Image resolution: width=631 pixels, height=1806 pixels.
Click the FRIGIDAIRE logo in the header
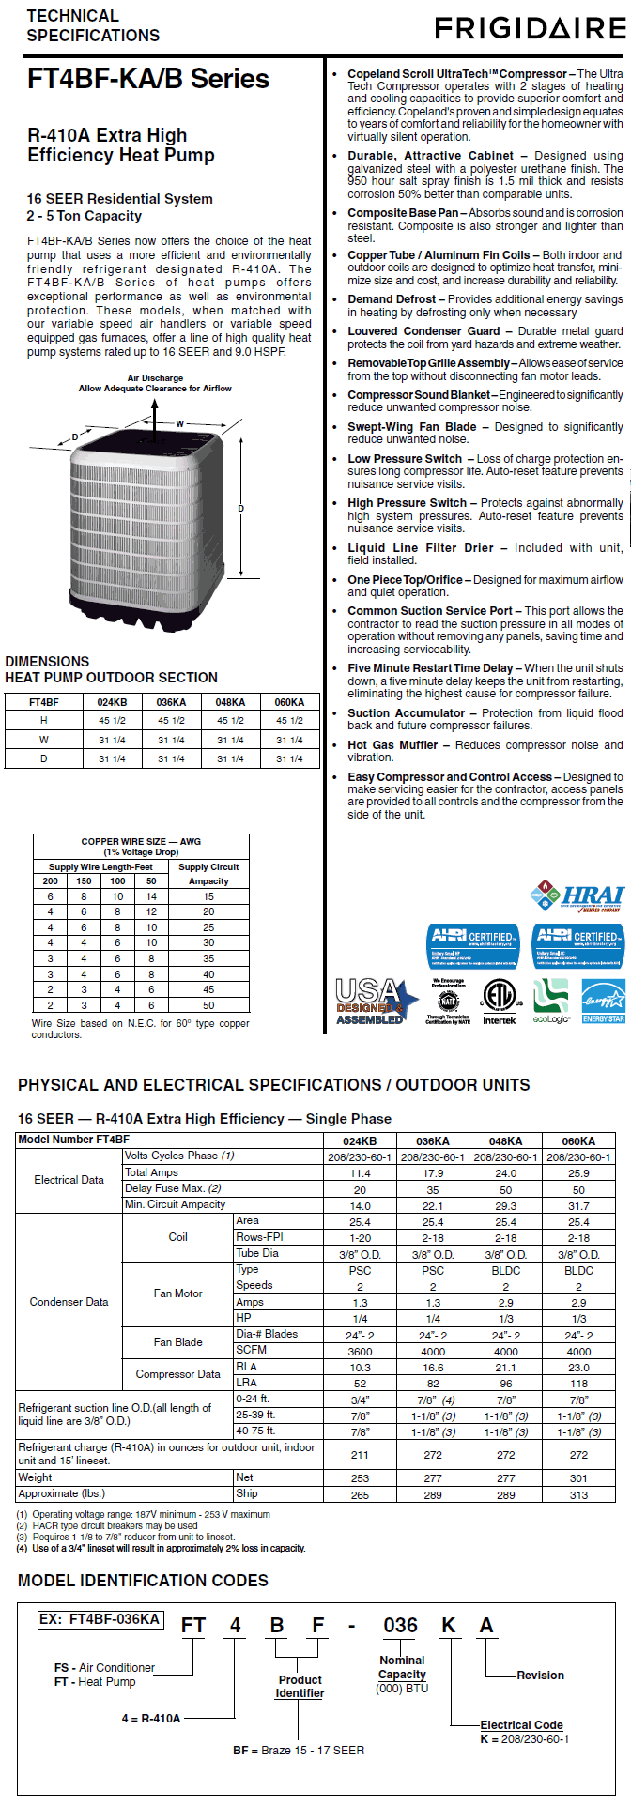530,29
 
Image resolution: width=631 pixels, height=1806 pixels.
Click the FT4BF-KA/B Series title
148,79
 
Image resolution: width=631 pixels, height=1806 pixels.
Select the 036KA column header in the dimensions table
171,702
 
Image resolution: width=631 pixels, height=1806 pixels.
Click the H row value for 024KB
112,721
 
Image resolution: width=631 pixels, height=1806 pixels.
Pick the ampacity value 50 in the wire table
208,1004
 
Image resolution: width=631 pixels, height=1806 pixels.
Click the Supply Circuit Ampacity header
208,874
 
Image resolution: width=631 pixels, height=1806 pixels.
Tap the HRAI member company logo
577,896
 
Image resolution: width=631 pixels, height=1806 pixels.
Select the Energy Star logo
603,1001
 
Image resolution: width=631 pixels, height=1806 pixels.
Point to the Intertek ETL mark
500,1001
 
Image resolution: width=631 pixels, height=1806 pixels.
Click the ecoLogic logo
551,1001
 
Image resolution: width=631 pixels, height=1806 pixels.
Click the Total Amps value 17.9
433,1173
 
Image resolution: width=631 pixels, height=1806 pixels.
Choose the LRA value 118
578,1384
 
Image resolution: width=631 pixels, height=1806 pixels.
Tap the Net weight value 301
578,1478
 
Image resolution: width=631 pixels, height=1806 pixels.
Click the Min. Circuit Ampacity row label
176,1204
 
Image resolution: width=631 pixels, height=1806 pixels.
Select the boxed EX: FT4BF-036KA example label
100,1619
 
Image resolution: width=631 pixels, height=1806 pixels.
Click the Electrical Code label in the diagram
521,1725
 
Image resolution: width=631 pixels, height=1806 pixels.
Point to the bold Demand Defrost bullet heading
392,299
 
